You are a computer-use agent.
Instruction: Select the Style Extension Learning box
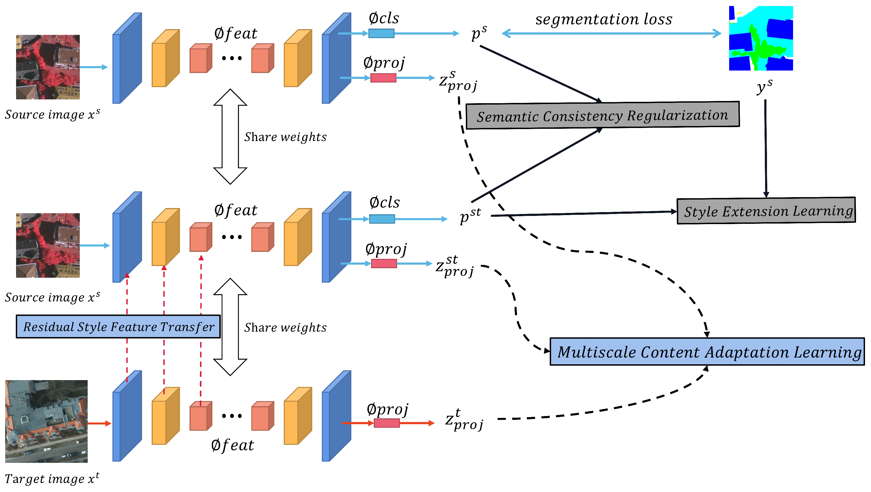click(x=766, y=211)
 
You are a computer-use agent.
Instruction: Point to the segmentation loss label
click(x=604, y=19)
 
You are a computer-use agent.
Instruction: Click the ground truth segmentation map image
click(x=760, y=38)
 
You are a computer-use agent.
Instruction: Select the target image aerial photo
click(x=46, y=421)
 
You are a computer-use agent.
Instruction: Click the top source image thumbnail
click(x=48, y=67)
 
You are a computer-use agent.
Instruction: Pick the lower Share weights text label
click(x=285, y=327)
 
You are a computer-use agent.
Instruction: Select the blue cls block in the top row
click(x=381, y=33)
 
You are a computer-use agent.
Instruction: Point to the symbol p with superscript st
click(x=470, y=215)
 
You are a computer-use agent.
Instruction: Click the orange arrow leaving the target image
click(x=99, y=423)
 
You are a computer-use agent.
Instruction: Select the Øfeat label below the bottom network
click(x=232, y=445)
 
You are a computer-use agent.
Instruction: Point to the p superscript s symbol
click(x=479, y=33)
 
